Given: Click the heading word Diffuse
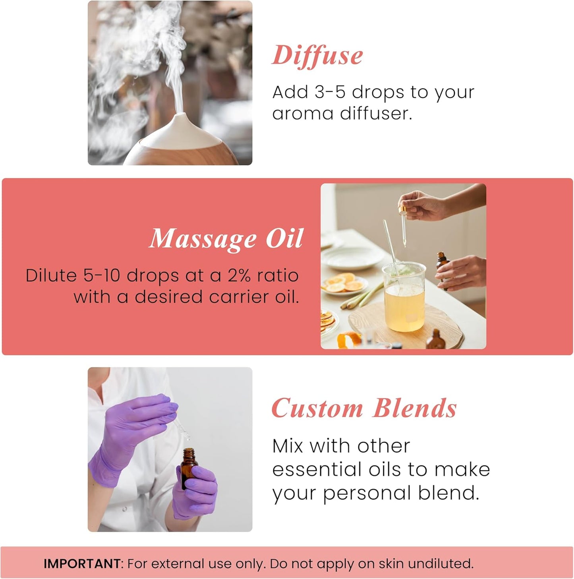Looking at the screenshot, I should click(x=317, y=55).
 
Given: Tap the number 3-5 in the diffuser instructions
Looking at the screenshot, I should click(x=330, y=92).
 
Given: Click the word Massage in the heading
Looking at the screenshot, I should click(x=203, y=238).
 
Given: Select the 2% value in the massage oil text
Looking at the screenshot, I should click(x=239, y=276).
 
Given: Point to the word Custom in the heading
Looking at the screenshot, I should click(x=317, y=409).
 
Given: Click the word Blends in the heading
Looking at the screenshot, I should click(x=415, y=409).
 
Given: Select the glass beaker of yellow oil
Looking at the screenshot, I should click(x=404, y=298).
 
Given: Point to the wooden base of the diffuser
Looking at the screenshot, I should click(x=183, y=153).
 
